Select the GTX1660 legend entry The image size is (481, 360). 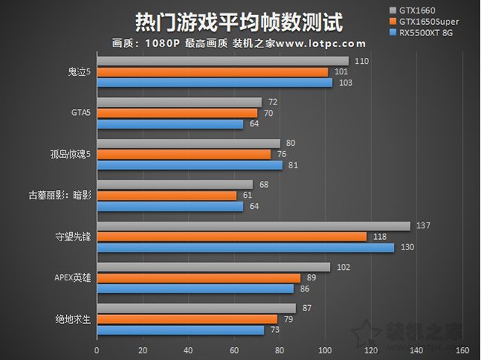click(x=431, y=10)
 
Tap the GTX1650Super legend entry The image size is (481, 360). click(x=440, y=21)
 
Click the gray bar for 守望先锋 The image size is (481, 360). click(x=253, y=226)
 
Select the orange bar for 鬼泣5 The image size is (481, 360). click(x=213, y=72)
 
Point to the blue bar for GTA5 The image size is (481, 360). click(x=170, y=124)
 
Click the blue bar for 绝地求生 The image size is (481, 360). click(x=180, y=330)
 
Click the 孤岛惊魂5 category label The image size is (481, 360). click(x=68, y=155)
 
